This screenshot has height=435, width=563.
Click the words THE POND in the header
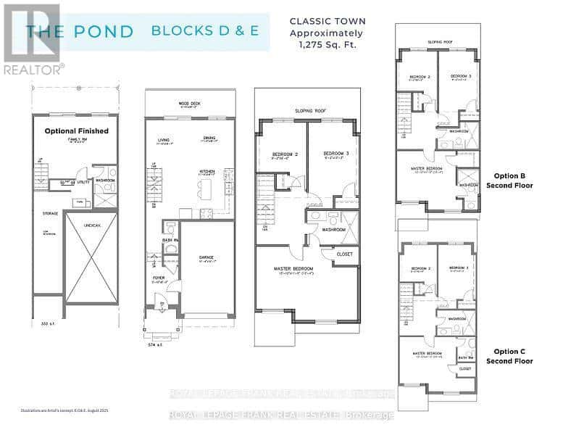(x=80, y=31)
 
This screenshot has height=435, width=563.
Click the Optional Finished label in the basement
(x=76, y=131)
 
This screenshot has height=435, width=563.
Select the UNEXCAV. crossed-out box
(x=91, y=257)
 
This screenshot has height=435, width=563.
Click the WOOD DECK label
(x=190, y=104)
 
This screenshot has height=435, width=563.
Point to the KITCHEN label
(x=209, y=172)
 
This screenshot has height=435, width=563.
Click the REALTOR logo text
(x=33, y=70)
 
